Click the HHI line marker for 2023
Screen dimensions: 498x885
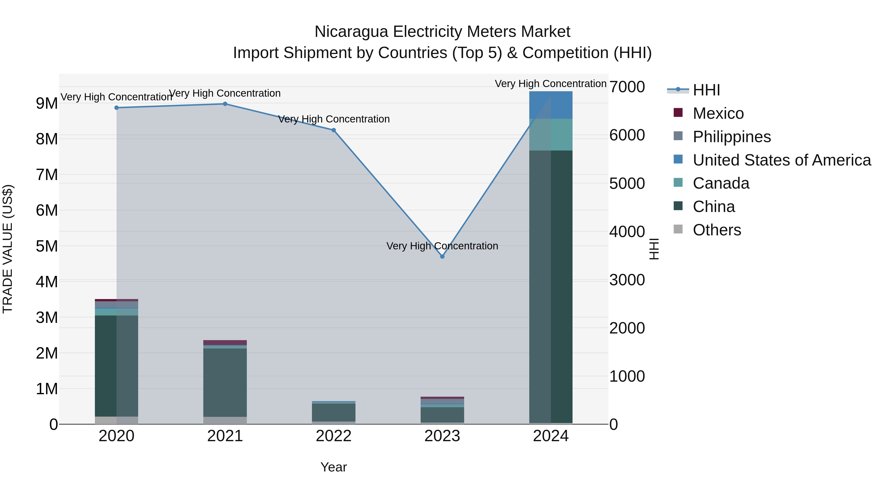[x=442, y=257]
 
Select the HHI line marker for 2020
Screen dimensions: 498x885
[x=117, y=107]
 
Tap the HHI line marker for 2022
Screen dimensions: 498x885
[x=334, y=130]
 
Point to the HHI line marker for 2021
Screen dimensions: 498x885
[x=225, y=104]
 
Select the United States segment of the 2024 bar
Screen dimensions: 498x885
[x=551, y=105]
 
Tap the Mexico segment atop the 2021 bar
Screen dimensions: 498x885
[x=225, y=342]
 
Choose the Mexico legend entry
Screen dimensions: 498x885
[x=718, y=113]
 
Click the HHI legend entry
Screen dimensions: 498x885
[x=706, y=90]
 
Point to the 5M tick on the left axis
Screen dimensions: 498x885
[x=47, y=246]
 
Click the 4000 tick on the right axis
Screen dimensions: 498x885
[x=627, y=232]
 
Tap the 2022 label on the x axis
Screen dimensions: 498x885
[x=334, y=436]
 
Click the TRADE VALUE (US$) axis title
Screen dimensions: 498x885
[x=8, y=249]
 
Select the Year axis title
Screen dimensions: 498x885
[x=334, y=467]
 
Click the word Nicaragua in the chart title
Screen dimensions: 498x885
[x=352, y=32]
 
